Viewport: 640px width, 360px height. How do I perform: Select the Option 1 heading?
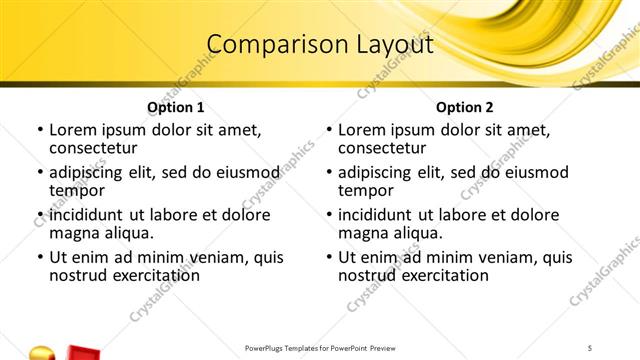[176, 107]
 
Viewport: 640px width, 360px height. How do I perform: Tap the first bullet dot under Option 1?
[40, 130]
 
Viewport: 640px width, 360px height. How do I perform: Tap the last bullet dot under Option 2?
[329, 257]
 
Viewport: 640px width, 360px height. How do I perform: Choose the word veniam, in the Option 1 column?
[192, 257]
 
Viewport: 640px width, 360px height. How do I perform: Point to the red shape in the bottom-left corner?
[80, 352]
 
